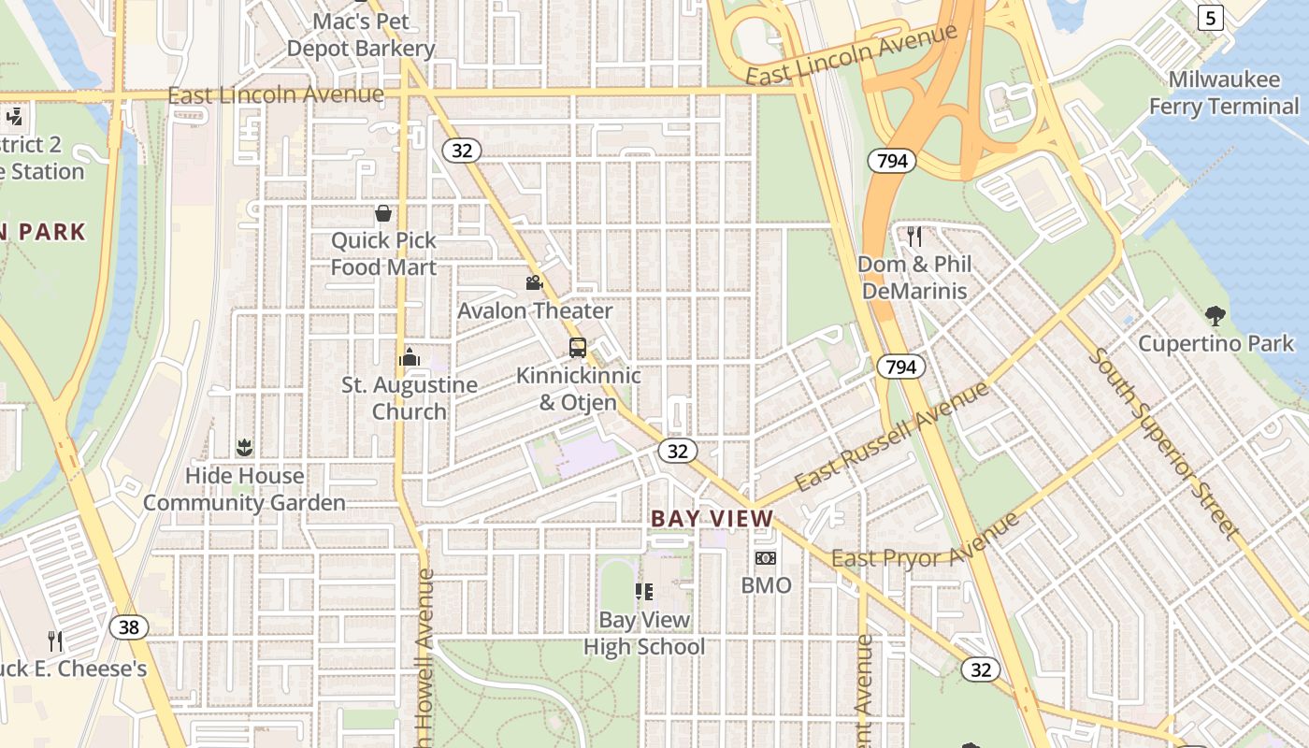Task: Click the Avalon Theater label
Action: (x=535, y=310)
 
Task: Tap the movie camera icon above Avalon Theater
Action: (x=534, y=282)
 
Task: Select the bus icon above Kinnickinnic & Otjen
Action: (x=578, y=348)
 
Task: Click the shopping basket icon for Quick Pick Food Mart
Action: (x=383, y=213)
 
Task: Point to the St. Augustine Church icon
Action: (x=410, y=357)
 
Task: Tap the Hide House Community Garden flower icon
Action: (x=244, y=448)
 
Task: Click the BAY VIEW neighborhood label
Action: (x=712, y=518)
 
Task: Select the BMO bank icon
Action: (x=766, y=558)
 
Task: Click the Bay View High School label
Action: (x=644, y=633)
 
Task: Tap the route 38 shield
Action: (x=128, y=626)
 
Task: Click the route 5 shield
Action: (x=1211, y=17)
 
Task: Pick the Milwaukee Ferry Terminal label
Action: (x=1224, y=93)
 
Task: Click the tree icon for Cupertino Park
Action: (x=1215, y=315)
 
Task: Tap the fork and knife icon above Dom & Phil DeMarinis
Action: (x=914, y=236)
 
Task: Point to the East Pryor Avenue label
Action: (x=926, y=541)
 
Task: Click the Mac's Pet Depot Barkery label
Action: (x=361, y=35)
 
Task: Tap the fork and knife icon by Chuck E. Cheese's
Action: (x=56, y=640)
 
